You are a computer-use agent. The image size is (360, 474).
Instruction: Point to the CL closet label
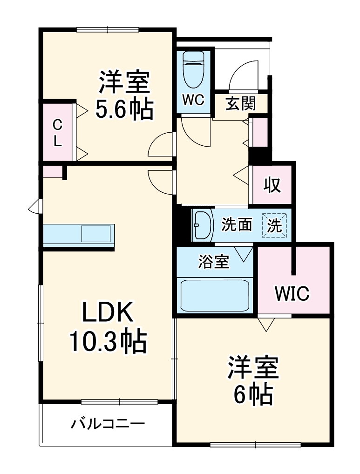tap(57, 133)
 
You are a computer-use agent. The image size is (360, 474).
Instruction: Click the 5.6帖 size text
tap(124, 110)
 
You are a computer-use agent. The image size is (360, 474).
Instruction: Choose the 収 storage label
tap(272, 185)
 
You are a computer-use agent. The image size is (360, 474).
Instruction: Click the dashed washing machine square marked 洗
tap(275, 226)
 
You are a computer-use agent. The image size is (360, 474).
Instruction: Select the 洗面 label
tap(236, 225)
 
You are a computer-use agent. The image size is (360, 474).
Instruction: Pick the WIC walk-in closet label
tap(292, 293)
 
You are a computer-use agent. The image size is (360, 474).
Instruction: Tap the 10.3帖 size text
tap(108, 342)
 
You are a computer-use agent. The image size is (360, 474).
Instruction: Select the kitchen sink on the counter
tap(97, 233)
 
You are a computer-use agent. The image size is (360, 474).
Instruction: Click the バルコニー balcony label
tap(108, 424)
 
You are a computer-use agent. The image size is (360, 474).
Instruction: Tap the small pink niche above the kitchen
tap(52, 171)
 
